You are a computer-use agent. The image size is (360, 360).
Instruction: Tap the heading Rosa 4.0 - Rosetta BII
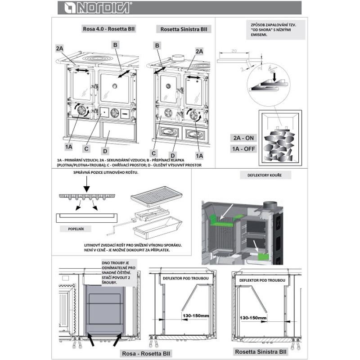[x=109, y=29]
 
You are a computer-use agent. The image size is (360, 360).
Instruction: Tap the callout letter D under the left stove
[x=104, y=151]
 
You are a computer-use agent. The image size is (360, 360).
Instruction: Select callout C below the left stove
[x=86, y=147]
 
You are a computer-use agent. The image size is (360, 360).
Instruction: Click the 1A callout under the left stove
[x=68, y=146]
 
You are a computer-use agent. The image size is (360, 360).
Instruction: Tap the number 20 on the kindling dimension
[x=233, y=50]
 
